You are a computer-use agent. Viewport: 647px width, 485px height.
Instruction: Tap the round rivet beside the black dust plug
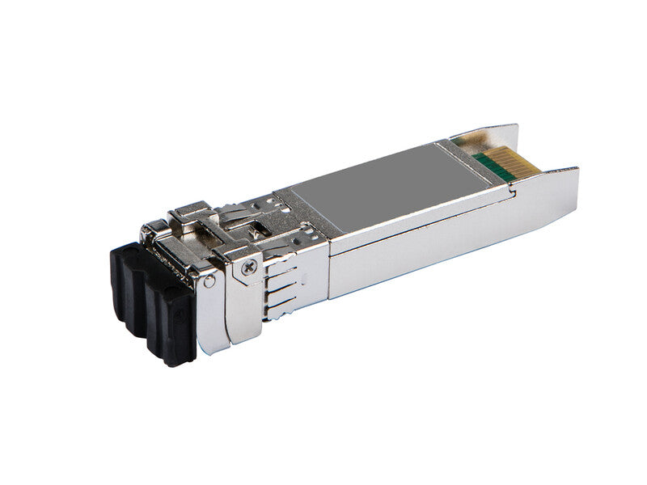point(210,281)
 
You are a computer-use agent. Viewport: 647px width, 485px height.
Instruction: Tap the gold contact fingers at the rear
point(497,166)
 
